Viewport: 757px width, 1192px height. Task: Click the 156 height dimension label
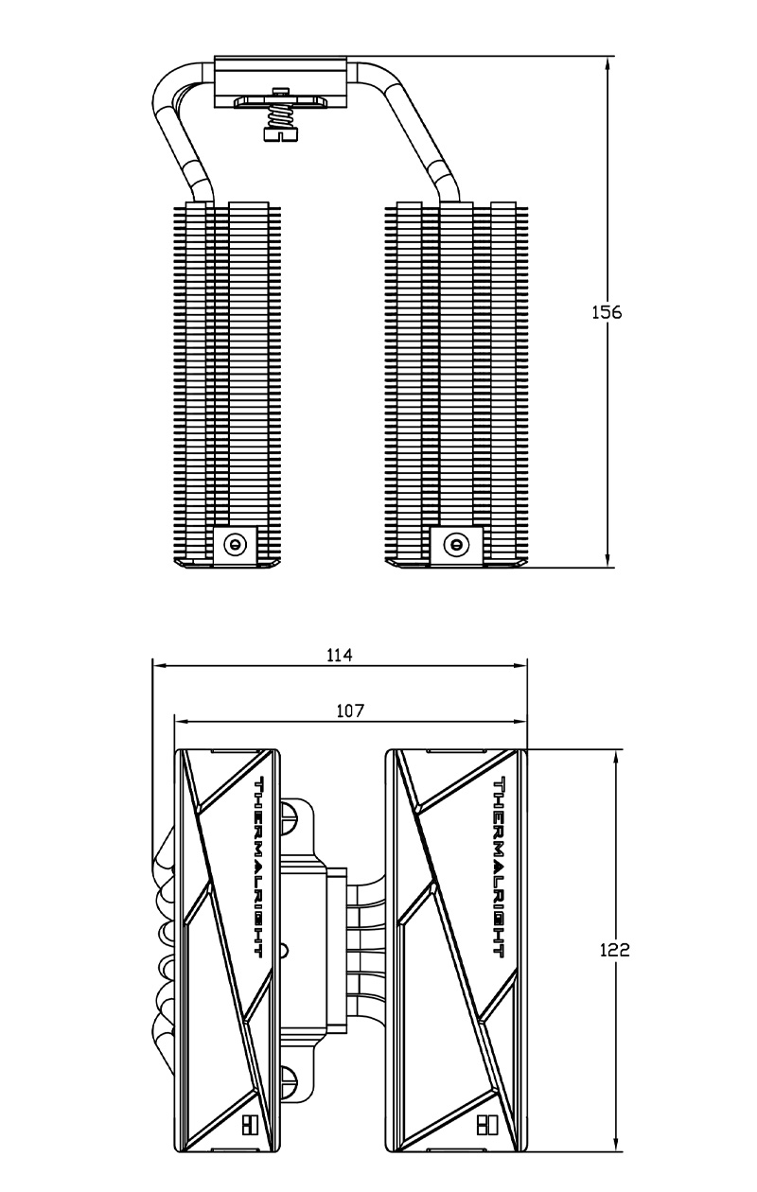click(x=607, y=312)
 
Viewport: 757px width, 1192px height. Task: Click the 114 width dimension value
click(x=339, y=655)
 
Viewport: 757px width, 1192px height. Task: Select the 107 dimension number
click(x=350, y=710)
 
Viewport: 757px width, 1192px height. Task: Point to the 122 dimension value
click(x=614, y=950)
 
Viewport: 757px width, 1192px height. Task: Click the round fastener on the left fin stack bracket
click(x=235, y=544)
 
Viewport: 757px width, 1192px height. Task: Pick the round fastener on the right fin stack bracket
click(x=455, y=544)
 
